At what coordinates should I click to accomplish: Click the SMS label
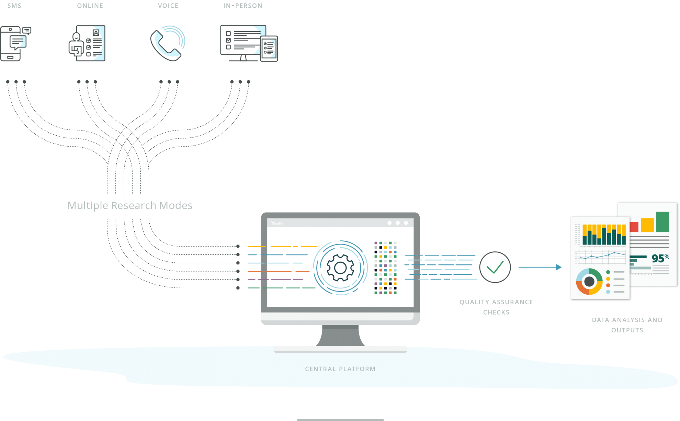coord(14,6)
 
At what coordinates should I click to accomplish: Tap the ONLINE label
coord(90,6)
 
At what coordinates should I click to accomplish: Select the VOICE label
coord(168,6)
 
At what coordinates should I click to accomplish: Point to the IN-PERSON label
coord(243,6)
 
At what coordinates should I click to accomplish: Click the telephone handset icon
coord(168,44)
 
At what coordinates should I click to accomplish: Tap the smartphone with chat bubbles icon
coord(16,44)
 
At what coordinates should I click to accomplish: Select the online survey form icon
coord(87,43)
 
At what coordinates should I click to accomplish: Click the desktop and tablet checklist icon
coord(249,43)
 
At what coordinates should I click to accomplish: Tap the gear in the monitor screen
coord(340,268)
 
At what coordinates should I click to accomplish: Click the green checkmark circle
coord(495,267)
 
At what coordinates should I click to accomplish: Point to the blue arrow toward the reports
coord(540,267)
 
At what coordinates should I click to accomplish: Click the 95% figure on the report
coord(660,258)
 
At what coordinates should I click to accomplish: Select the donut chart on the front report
coord(589,282)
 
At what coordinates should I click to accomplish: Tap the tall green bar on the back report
coord(662,222)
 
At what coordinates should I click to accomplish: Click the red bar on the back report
coord(634,227)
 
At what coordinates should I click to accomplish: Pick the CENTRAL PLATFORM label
coord(340,369)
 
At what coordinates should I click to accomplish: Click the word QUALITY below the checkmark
coord(474,302)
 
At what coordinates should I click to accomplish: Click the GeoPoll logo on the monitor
coord(278,223)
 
